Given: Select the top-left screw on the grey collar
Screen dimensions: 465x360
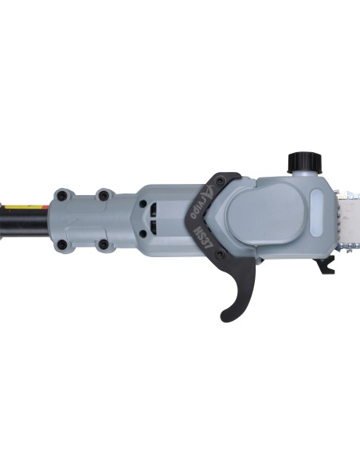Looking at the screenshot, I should coord(62,193).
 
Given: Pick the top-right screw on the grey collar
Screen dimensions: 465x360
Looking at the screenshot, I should coord(103,193).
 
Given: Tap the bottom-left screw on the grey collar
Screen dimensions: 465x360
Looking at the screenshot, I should coord(62,244).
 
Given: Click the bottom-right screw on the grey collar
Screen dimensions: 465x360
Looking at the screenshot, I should coord(103,244).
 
